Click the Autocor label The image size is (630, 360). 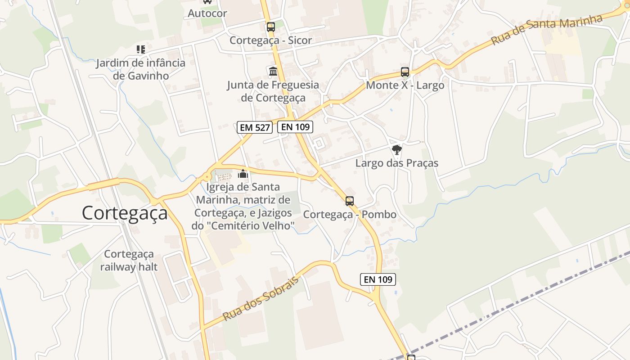207,13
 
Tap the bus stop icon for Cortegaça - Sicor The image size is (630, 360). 270,27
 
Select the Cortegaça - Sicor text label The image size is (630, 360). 270,40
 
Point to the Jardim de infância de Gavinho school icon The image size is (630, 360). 141,49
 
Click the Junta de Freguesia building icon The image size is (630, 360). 273,71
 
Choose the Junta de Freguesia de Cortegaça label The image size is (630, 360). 273,91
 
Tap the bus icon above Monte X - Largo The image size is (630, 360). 405,72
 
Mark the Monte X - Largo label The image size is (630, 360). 405,85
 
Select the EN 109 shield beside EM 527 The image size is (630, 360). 295,127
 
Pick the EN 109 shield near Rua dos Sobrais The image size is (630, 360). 378,279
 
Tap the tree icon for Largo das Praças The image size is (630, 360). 396,150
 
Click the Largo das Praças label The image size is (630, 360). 396,163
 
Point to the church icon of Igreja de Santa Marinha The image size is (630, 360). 243,174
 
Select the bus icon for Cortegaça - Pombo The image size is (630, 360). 350,201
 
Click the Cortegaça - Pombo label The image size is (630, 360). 350,214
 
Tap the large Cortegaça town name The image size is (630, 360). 125,213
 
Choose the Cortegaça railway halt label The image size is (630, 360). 129,261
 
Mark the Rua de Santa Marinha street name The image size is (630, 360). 546,30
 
